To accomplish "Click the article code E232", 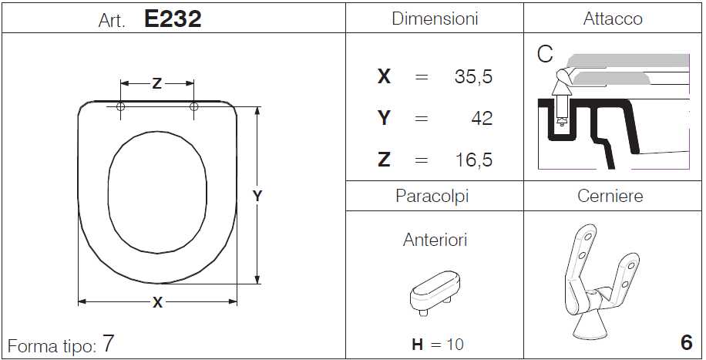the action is point(173,19).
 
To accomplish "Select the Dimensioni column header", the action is point(435,19).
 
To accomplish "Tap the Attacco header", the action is point(613,19).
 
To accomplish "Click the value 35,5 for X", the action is point(474,77).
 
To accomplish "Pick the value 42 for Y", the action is point(482,119).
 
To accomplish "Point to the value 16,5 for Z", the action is point(474,160).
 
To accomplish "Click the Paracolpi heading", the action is point(432,197).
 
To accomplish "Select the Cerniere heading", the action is point(610,197).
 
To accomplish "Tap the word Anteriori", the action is point(435,240).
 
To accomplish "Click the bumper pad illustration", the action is point(435,292).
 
